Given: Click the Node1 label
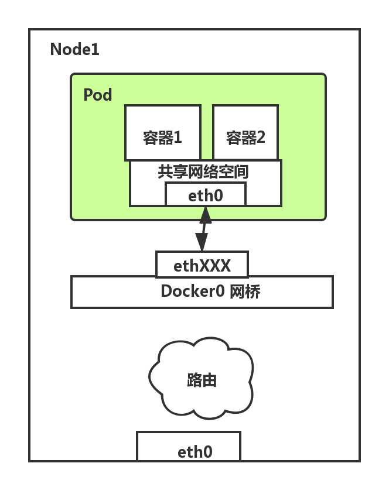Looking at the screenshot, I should pos(74,50).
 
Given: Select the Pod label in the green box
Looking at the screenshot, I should pos(97,95).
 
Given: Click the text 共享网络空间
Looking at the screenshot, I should pos(203,172).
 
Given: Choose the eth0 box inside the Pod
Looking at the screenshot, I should pos(205,195).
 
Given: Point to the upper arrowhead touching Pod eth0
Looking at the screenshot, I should pos(205,215).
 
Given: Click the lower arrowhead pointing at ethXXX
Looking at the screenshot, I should pos(202,243).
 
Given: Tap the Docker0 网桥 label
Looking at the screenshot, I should pos(210,291).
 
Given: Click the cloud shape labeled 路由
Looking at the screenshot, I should pos(202,378).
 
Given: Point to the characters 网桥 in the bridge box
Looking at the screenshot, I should pos(245,291).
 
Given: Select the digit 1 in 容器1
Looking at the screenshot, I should pos(178,138).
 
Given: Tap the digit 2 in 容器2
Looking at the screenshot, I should pos(261,138).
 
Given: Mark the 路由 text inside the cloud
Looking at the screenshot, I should pos(202,380).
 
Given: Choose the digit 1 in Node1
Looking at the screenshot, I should pos(95,50).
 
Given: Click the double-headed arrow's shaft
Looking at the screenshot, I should pos(203,229).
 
